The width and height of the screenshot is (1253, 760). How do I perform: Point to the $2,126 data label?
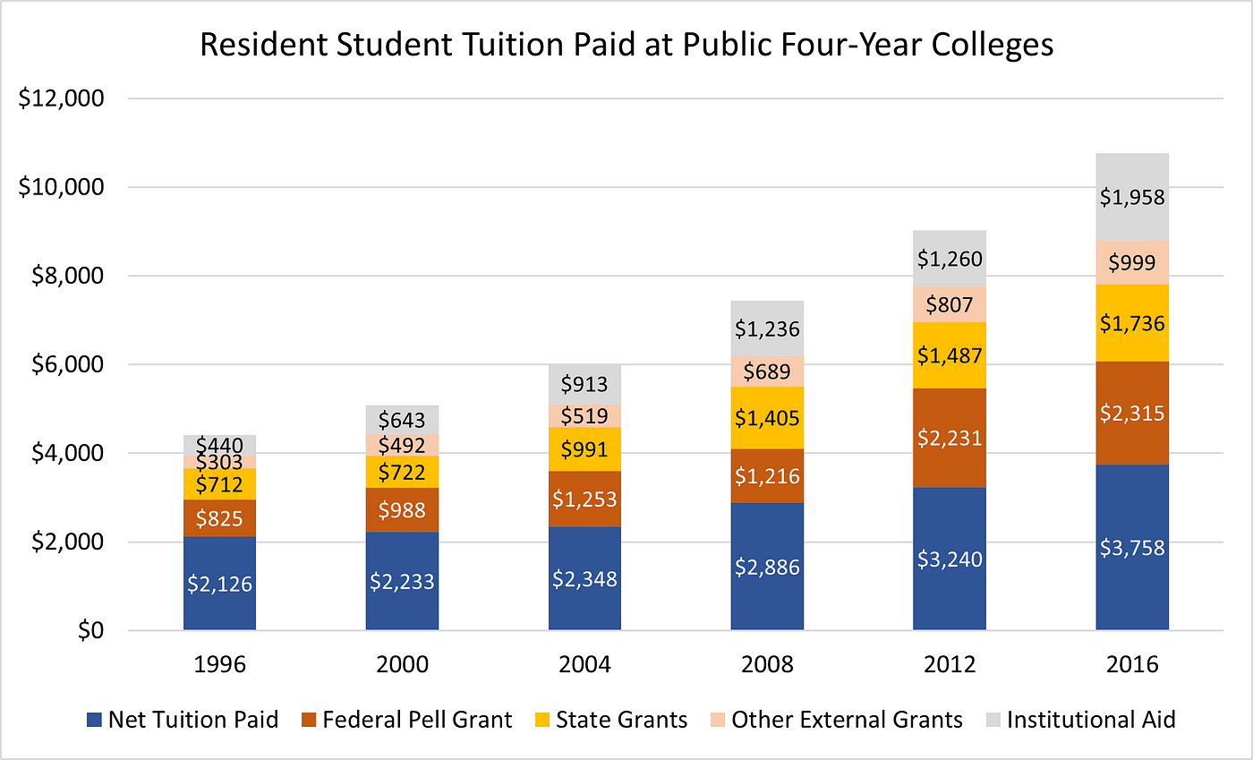click(219, 584)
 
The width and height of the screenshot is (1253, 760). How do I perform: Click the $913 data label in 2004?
click(584, 385)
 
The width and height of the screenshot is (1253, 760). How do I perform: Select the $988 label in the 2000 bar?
click(402, 509)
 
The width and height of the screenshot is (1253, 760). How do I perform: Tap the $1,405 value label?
click(767, 417)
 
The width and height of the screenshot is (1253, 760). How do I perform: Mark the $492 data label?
click(402, 446)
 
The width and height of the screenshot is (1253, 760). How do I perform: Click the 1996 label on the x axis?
click(219, 665)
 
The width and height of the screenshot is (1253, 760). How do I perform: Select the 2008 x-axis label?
click(767, 665)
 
